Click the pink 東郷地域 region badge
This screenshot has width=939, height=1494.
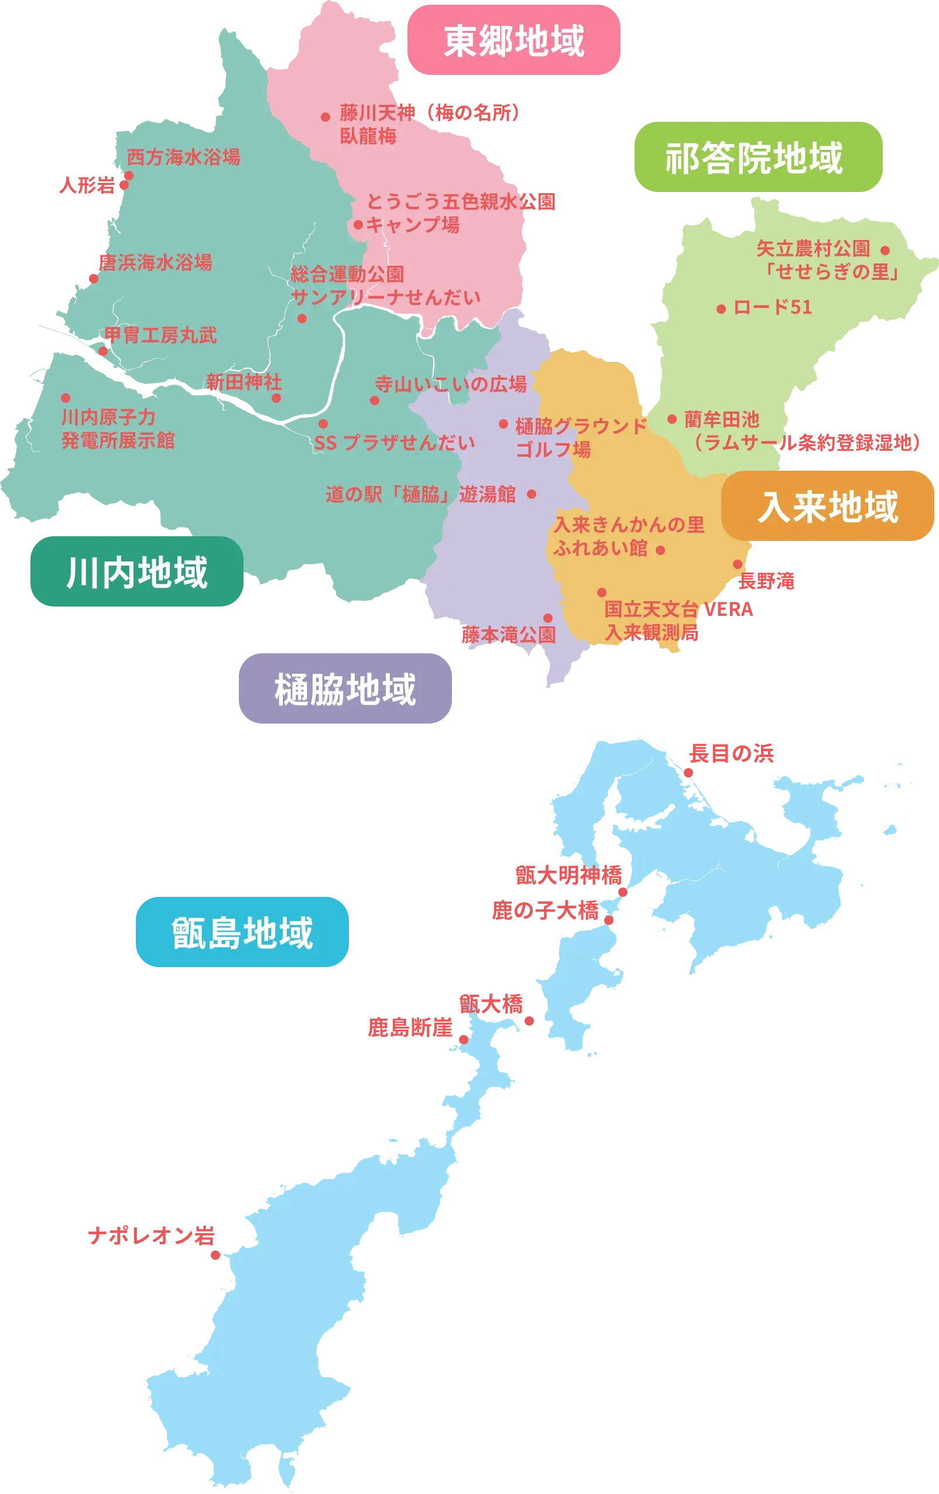pos(515,41)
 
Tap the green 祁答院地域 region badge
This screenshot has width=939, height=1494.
pos(758,157)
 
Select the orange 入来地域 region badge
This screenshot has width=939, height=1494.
pos(827,506)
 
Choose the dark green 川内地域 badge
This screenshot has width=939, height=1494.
pos(136,572)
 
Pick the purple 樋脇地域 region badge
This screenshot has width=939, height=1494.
pos(346,688)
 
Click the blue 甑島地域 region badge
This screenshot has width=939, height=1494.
pos(243,932)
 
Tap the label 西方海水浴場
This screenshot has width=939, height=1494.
pos(183,157)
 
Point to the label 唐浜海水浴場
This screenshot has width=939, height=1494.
pos(155,262)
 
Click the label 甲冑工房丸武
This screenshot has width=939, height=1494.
pos(160,335)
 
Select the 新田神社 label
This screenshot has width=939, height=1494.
pos(244,382)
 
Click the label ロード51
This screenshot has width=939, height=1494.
pos(773,307)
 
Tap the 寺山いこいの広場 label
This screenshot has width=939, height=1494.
pos(451,384)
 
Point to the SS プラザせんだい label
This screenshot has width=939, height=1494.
pos(394,443)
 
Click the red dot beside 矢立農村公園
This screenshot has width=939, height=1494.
pos(885,251)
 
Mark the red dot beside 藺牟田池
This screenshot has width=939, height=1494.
pos(671,419)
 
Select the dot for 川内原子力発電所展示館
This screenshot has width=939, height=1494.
pos(65,398)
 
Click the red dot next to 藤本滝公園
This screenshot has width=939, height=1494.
pos(548,618)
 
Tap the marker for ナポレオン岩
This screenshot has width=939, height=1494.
pos(215,1255)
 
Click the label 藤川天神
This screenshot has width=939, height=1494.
pos(377,112)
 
